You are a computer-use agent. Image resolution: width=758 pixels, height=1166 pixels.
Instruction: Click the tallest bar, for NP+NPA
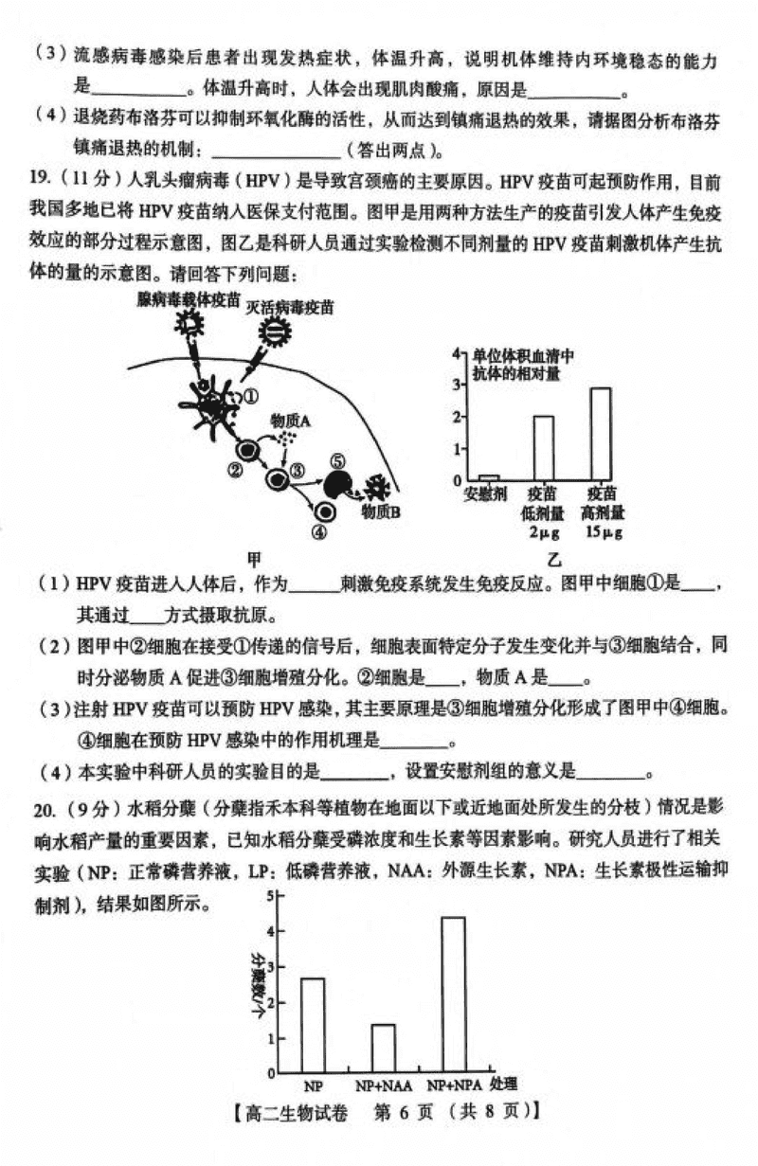(x=453, y=995)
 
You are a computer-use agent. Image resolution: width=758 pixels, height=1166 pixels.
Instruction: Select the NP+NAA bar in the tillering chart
(x=383, y=1048)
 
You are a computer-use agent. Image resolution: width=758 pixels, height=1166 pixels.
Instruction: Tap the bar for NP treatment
(x=313, y=1024)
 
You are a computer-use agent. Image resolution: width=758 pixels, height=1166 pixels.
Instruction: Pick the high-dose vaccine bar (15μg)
(x=600, y=435)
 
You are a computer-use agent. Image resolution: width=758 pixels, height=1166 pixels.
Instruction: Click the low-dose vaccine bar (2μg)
(x=544, y=449)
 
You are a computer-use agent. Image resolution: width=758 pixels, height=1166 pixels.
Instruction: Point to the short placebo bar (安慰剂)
(x=489, y=478)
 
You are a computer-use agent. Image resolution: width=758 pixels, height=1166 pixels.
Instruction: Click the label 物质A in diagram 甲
(x=291, y=420)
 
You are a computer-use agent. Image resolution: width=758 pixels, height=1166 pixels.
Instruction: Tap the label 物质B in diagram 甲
(x=382, y=511)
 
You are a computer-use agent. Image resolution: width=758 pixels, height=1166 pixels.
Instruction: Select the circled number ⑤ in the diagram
(x=338, y=461)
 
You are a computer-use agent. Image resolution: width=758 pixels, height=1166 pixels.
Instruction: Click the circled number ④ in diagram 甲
(x=318, y=532)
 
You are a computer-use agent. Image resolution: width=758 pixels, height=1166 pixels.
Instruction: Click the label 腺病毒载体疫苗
(x=188, y=299)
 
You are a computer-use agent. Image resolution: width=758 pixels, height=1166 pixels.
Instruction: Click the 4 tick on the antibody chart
(x=456, y=353)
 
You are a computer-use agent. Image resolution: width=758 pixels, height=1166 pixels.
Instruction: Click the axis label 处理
(x=504, y=1084)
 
